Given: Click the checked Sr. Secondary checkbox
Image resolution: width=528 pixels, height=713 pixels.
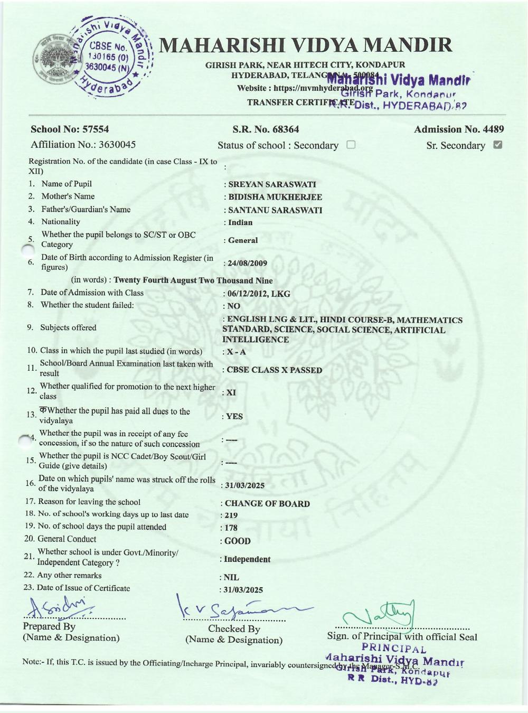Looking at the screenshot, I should (497, 145).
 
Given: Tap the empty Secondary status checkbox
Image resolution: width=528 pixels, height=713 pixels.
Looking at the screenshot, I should (351, 145).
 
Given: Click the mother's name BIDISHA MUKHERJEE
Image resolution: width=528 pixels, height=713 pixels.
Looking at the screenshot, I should (275, 197).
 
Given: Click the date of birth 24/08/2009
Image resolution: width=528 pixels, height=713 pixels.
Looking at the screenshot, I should (248, 263).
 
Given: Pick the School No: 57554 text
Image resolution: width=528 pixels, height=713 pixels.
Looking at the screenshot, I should (70, 129).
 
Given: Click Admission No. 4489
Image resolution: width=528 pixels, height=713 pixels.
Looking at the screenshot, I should (459, 129).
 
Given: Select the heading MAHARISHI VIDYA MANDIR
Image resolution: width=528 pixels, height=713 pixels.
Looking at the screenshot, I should (305, 45).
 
